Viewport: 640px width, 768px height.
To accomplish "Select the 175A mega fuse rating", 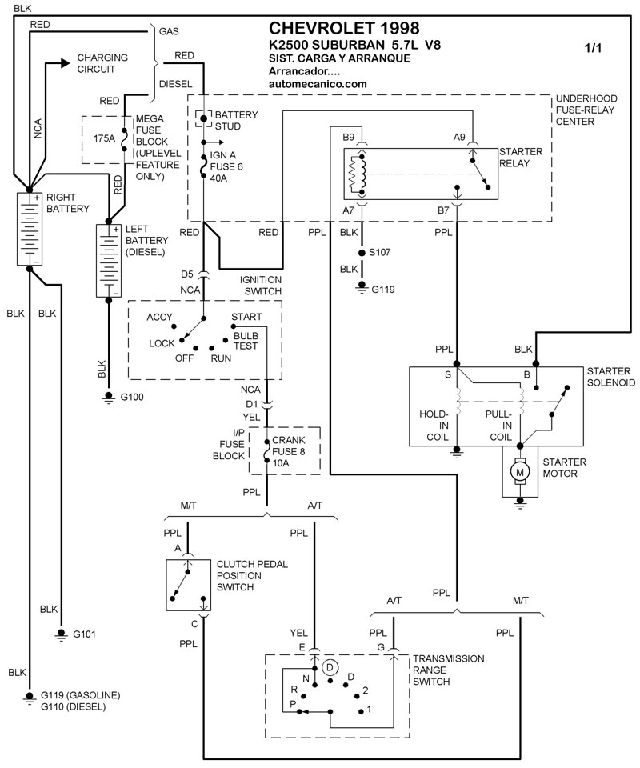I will click(104, 138).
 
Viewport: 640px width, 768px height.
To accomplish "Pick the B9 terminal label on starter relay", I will click(349, 137).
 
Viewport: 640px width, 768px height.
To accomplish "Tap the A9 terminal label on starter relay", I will click(459, 137).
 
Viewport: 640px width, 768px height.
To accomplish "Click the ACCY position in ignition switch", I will click(160, 318).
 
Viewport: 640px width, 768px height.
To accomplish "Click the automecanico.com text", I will click(318, 84).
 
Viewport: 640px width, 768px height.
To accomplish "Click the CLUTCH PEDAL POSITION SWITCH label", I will click(251, 575).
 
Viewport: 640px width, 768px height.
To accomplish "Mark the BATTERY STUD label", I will click(233, 121).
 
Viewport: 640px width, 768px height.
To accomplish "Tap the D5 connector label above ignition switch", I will click(188, 274).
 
